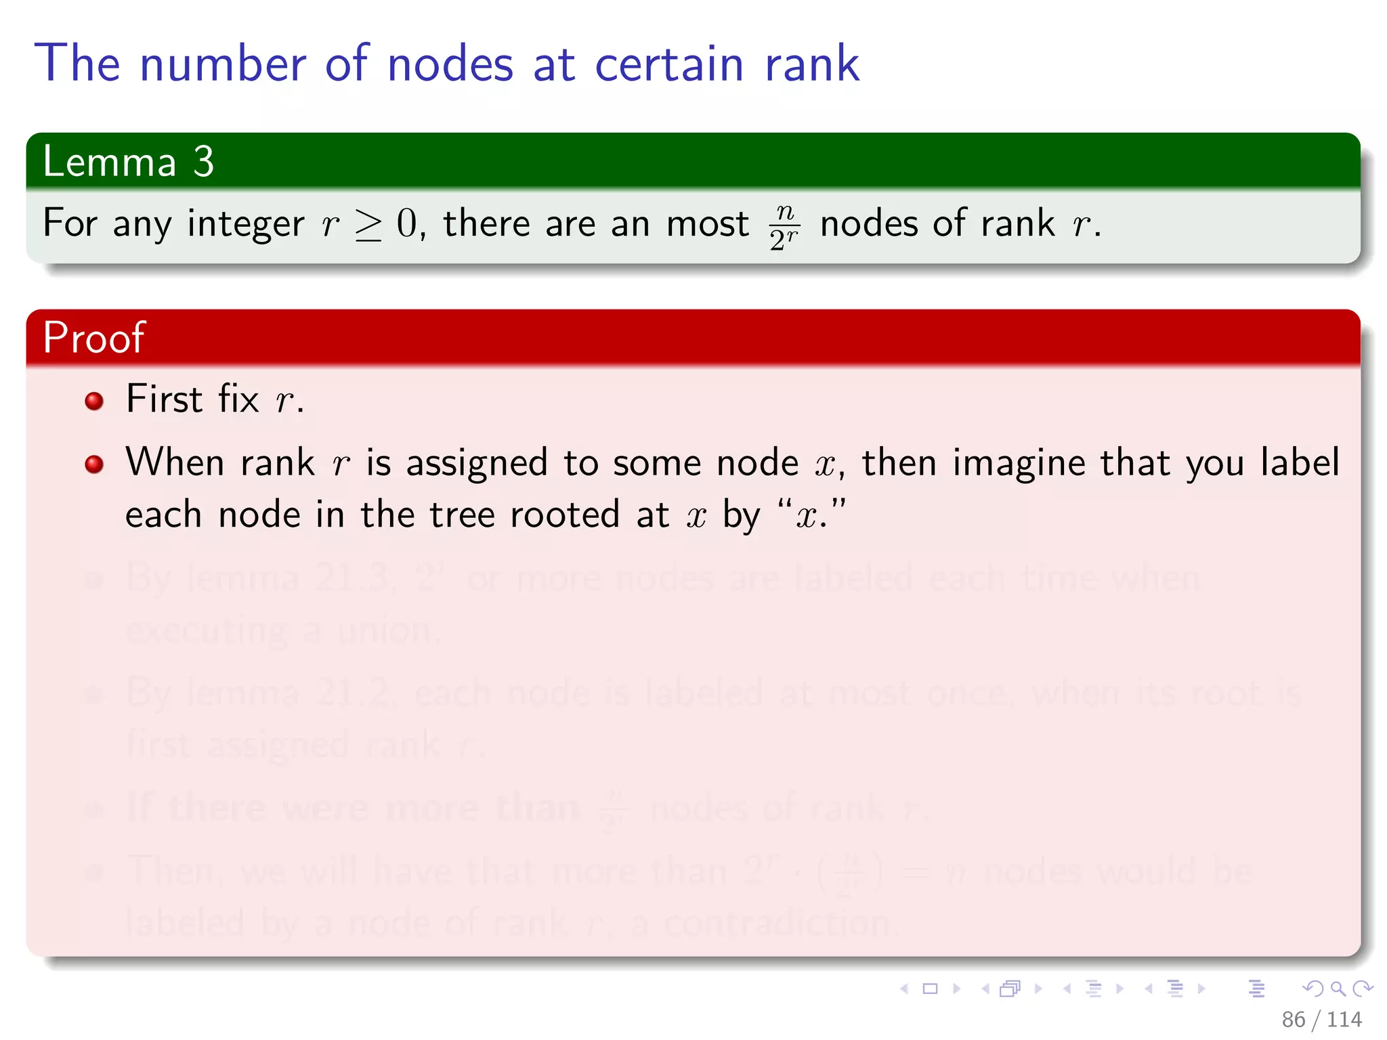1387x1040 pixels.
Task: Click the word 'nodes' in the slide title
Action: [450, 64]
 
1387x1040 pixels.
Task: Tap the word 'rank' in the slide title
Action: [811, 64]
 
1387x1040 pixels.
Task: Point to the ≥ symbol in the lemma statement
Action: [368, 225]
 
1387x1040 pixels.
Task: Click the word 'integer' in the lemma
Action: [245, 225]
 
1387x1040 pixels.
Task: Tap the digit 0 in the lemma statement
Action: [408, 223]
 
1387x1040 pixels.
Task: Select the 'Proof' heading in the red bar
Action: [93, 337]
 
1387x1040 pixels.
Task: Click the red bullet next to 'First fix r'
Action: [94, 401]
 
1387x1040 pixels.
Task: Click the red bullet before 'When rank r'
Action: [94, 464]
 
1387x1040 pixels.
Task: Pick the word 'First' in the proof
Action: [165, 398]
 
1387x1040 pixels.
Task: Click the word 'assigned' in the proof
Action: [476, 463]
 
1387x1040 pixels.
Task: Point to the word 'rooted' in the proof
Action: [565, 515]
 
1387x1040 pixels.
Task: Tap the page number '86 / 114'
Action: [1321, 1019]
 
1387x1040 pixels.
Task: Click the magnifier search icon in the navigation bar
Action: [1338, 989]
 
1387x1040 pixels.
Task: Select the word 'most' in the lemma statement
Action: [707, 223]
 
